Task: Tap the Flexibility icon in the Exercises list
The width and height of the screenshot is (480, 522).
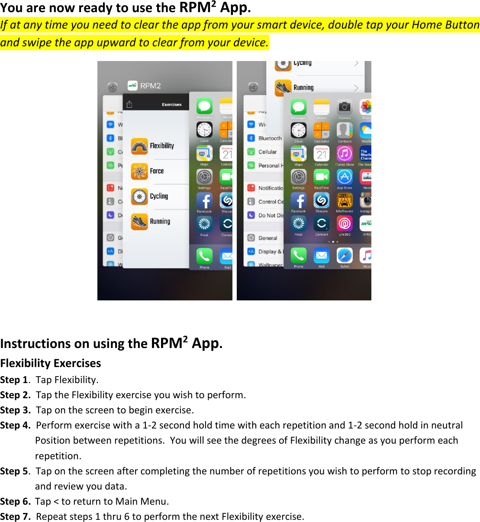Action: point(139,146)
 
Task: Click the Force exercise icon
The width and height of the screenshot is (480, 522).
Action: point(139,171)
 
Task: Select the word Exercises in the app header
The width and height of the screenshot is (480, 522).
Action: point(172,104)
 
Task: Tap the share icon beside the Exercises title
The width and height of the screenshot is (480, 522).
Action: point(129,104)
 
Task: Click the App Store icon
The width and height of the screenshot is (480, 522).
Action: point(345,177)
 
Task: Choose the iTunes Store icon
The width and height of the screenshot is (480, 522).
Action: point(345,153)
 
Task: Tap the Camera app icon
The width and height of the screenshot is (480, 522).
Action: point(345,107)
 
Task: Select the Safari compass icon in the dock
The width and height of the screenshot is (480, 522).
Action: point(345,255)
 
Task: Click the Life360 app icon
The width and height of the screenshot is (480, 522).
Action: point(345,223)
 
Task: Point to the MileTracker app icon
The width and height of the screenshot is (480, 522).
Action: point(345,200)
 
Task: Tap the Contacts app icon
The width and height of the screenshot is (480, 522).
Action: point(345,130)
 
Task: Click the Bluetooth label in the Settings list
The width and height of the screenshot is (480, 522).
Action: point(270,139)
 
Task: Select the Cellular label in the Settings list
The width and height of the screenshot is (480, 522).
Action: point(267,152)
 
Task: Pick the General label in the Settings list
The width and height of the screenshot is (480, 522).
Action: point(267,238)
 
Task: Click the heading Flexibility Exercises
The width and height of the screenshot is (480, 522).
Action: point(51,363)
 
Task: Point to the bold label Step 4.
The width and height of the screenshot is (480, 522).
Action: point(15,425)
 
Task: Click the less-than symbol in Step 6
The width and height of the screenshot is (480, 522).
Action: point(56,502)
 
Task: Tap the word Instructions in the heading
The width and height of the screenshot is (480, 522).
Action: point(35,344)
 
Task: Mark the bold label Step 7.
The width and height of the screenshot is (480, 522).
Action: point(15,517)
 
